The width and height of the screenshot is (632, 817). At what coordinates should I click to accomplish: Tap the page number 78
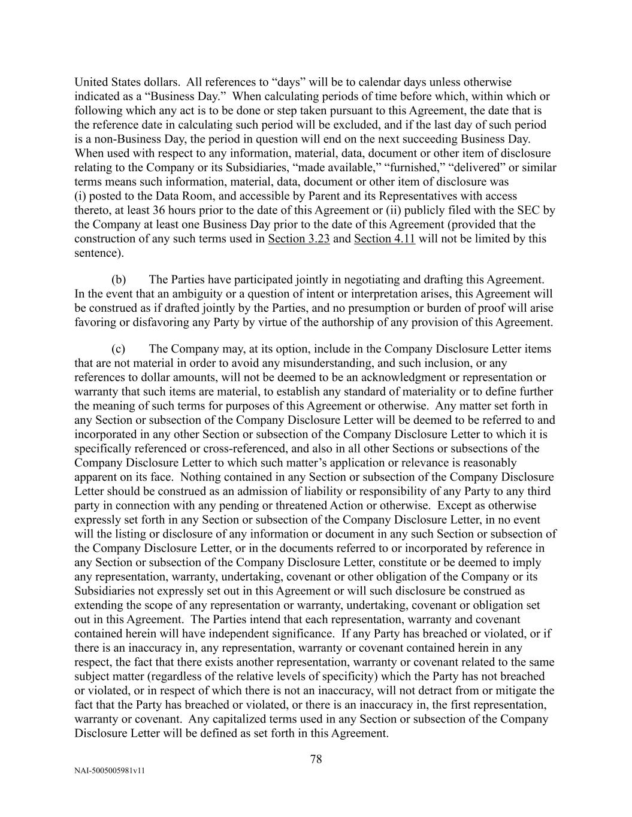(x=316, y=760)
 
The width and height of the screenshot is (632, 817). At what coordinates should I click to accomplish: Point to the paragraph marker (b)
(x=119, y=280)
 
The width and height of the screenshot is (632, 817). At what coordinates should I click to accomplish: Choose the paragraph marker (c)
(x=119, y=349)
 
